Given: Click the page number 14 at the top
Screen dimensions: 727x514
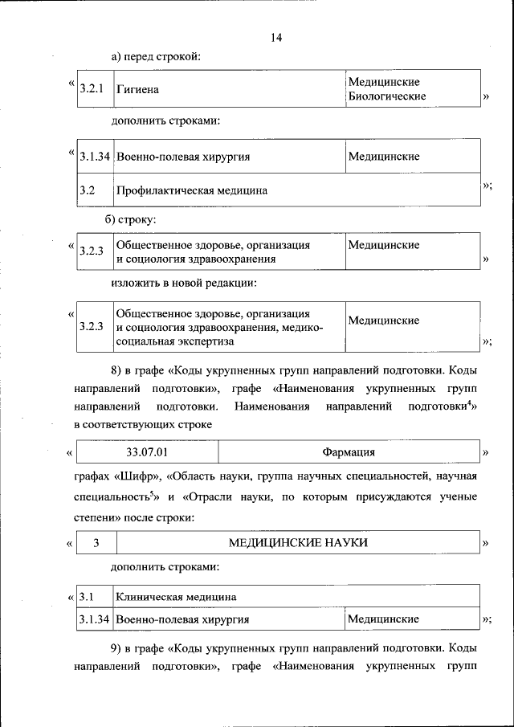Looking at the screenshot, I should (277, 38).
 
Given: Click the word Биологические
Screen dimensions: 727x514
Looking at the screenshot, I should (386, 96).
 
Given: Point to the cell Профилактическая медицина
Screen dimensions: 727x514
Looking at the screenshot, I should (192, 191).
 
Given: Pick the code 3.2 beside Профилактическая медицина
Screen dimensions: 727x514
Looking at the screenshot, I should (88, 191).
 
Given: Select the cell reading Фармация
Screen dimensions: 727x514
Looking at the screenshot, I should (349, 453).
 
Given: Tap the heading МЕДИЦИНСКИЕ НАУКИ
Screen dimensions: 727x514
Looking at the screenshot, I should (298, 544).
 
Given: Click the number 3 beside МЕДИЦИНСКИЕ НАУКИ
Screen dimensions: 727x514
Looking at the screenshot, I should (96, 544).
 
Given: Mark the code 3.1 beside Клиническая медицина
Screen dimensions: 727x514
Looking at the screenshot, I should (88, 597).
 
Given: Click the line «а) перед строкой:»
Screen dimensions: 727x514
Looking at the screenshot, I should (156, 56).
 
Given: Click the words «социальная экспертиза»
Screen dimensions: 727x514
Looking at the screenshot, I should (175, 341).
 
